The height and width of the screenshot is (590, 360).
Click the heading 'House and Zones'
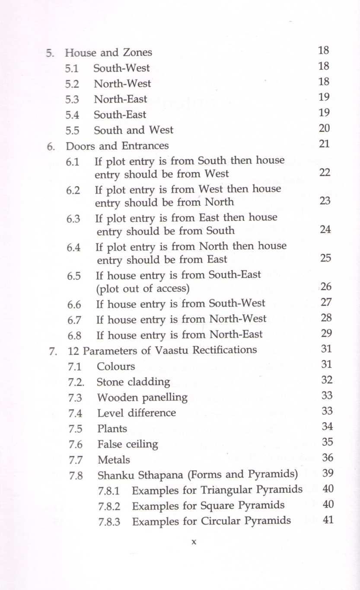click(108, 53)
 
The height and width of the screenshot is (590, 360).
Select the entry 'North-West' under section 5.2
click(122, 83)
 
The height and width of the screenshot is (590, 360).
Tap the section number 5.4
click(72, 115)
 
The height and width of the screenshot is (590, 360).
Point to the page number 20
click(324, 128)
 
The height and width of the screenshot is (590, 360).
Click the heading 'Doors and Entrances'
click(117, 146)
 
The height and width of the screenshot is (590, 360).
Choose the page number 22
click(325, 172)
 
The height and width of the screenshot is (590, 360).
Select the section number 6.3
click(73, 219)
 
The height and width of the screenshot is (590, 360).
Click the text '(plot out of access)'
click(143, 288)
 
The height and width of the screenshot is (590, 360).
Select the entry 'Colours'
click(116, 367)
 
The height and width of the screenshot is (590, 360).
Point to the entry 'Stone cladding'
click(134, 382)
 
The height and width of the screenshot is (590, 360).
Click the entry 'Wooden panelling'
click(142, 397)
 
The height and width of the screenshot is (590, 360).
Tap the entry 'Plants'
click(112, 429)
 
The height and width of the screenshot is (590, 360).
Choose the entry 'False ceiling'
click(127, 444)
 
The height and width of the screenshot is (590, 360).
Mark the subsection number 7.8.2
click(109, 506)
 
